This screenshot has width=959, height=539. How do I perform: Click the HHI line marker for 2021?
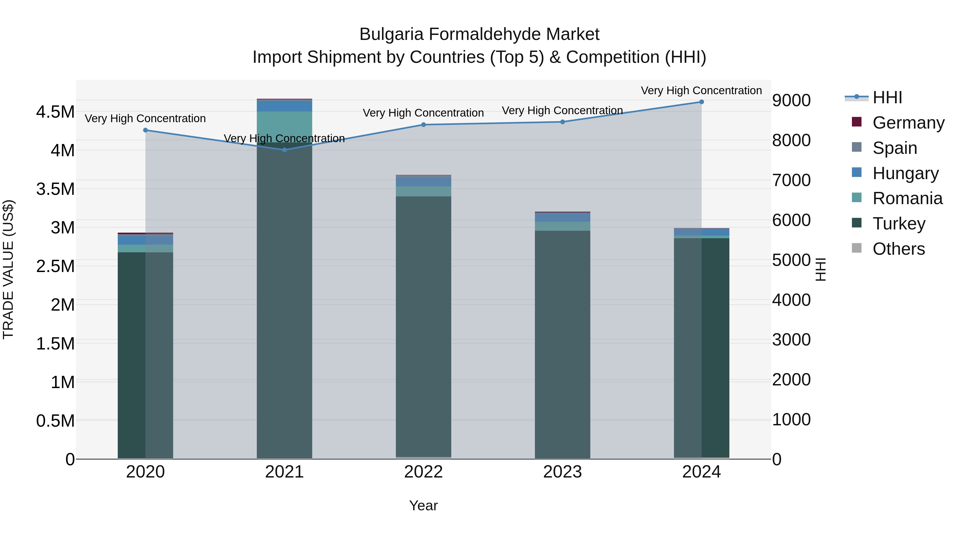point(285,150)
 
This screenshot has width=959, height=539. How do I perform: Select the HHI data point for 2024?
point(701,102)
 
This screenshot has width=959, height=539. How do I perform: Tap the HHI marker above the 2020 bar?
point(145,130)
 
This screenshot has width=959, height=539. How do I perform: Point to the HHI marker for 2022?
point(424,125)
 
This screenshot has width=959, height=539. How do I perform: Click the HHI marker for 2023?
point(563,122)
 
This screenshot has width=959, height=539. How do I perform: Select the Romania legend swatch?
point(857,198)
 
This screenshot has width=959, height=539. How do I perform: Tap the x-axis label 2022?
point(423,472)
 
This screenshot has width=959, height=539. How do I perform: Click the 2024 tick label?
point(701,472)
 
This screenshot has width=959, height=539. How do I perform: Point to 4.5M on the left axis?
point(55,112)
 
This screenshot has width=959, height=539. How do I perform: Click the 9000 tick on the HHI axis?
point(791,100)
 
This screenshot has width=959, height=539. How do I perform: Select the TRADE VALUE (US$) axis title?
point(8,269)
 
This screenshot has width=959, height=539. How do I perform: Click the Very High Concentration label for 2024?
point(701,90)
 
